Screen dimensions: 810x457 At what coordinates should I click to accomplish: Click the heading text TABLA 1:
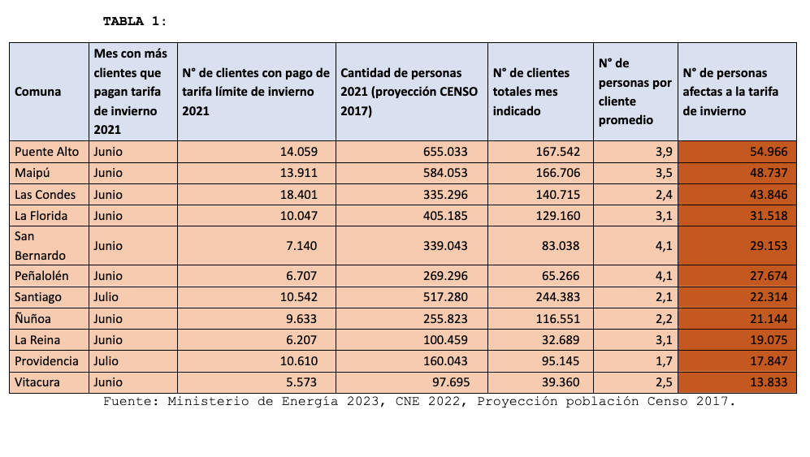tap(134, 21)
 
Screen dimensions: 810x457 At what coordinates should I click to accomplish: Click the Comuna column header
tap(37, 92)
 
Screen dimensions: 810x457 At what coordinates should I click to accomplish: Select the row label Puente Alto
tap(46, 152)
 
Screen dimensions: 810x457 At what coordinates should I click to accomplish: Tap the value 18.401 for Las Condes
tap(299, 195)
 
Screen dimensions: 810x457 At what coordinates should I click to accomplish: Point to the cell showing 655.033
tap(445, 152)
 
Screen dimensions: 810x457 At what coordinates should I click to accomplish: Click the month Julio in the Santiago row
tap(106, 297)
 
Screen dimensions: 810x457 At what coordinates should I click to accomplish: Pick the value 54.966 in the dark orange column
tap(769, 152)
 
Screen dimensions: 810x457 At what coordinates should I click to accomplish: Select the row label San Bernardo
tap(40, 246)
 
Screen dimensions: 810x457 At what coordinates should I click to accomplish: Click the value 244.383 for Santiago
tap(558, 297)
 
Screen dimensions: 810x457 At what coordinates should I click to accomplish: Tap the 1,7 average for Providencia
tap(664, 361)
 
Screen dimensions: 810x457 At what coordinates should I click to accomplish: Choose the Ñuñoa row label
tap(32, 319)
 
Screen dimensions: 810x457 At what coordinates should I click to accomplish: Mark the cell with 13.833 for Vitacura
tap(769, 382)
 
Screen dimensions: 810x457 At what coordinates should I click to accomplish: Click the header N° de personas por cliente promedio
tap(635, 92)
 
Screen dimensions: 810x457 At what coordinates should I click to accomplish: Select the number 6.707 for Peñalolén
tap(301, 276)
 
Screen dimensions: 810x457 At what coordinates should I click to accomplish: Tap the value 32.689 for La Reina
tap(561, 340)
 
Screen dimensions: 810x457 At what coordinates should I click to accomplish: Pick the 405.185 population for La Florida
tap(445, 216)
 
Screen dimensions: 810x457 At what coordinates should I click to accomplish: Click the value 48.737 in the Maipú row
tap(769, 173)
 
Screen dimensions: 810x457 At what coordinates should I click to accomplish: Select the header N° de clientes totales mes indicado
tap(531, 92)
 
